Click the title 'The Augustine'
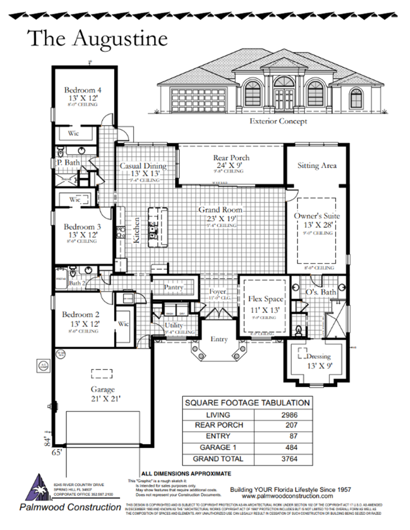tap(97, 38)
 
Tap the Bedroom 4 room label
tap(83, 90)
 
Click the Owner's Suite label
tap(317, 216)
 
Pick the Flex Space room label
tap(266, 299)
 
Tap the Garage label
tap(102, 389)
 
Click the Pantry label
tap(174, 288)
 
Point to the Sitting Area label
tap(317, 166)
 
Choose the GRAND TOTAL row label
tap(218, 459)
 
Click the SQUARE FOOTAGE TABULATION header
tap(247, 403)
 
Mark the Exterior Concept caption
tap(278, 121)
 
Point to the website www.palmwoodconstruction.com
tap(290, 496)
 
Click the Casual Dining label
tap(142, 166)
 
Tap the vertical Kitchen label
tap(136, 230)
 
